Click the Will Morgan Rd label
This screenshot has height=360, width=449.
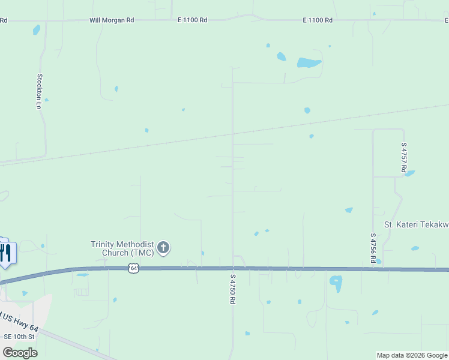click(112, 20)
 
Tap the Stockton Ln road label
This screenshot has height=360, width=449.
click(40, 91)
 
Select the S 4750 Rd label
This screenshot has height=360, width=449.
click(232, 289)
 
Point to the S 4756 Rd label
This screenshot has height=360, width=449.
click(373, 248)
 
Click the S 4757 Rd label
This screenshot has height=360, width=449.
click(404, 158)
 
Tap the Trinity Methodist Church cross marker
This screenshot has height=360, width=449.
click(163, 247)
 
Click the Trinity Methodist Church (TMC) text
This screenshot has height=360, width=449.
click(122, 248)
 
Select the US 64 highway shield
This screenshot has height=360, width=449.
click(133, 269)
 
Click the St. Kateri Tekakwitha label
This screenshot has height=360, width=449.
click(416, 224)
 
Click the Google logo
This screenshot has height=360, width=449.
click(20, 352)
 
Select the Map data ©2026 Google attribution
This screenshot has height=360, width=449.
click(412, 355)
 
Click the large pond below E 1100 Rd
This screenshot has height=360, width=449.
click(309, 62)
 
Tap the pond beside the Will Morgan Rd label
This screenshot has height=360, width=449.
click(37, 29)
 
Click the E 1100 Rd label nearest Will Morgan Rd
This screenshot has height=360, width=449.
click(192, 20)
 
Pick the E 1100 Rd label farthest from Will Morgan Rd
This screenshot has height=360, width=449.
click(318, 20)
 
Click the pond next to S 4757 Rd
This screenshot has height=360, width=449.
click(410, 173)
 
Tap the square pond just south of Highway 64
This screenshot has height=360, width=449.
click(336, 282)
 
